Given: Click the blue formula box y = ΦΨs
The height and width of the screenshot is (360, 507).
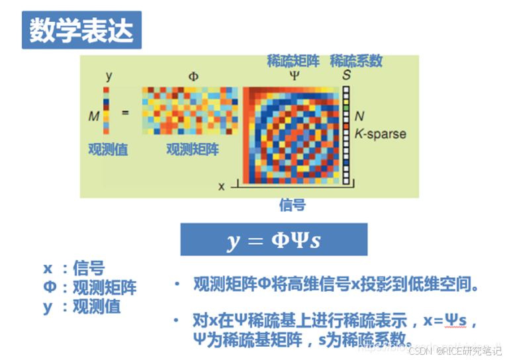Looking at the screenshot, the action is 273,240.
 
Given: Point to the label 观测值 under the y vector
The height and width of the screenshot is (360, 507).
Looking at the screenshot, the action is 108,150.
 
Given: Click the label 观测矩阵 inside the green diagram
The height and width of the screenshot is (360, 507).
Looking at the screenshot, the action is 192,150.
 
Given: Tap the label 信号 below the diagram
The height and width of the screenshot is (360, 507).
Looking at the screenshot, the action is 293,205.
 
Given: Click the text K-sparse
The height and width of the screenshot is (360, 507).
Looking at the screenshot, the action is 380,134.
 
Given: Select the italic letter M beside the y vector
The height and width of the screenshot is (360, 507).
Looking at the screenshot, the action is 93,116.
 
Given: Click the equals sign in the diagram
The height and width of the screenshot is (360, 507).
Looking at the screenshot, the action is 125,113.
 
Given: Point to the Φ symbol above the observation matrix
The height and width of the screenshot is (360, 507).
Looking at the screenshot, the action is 193,76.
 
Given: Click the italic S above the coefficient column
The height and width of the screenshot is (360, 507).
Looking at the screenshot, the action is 346,75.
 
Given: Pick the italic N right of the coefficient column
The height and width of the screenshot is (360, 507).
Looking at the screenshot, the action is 359,116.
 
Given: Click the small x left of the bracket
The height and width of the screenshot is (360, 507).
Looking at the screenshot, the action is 222,186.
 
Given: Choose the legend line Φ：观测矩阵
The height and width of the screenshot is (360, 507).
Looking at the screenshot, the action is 90,288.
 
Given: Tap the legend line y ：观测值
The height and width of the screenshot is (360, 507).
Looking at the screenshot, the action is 82,307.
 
